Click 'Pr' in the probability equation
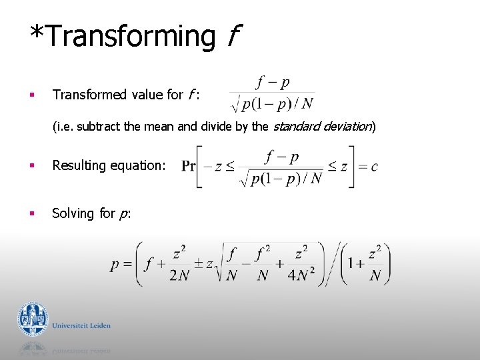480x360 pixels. click(x=188, y=166)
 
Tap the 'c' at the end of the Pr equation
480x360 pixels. click(x=374, y=166)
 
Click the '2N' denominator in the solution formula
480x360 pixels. click(x=178, y=275)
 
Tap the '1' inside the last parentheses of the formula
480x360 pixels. click(x=351, y=264)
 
